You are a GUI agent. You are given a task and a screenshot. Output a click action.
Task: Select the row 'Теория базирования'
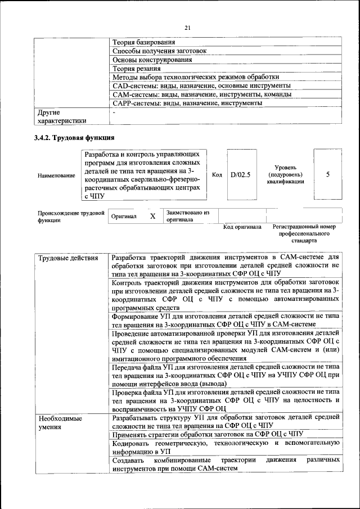pyautogui.click(x=143, y=42)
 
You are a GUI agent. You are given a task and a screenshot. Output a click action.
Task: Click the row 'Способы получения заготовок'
pyautogui.click(x=159, y=51)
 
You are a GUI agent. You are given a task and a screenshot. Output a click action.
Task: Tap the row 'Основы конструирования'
pyautogui.click(x=152, y=60)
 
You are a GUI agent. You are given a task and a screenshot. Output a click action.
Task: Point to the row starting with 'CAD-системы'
pyautogui.click(x=201, y=85)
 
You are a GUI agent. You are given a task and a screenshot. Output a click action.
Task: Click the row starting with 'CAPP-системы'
pyautogui.click(x=187, y=103)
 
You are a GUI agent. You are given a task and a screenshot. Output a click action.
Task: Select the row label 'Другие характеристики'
pyautogui.click(x=62, y=116)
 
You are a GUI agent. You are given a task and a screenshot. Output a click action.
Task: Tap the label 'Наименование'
pyautogui.click(x=56, y=176)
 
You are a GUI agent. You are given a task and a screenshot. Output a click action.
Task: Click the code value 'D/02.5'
pyautogui.click(x=240, y=174)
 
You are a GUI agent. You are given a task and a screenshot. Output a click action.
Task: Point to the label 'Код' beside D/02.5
pyautogui.click(x=217, y=174)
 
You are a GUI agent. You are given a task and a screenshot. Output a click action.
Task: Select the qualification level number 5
pyautogui.click(x=327, y=174)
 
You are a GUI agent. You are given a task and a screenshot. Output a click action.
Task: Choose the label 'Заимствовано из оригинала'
pyautogui.click(x=187, y=217)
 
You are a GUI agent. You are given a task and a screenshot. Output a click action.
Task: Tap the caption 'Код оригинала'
pyautogui.click(x=242, y=227)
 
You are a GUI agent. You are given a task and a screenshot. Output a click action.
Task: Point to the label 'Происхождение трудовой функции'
pyautogui.click(x=71, y=217)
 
